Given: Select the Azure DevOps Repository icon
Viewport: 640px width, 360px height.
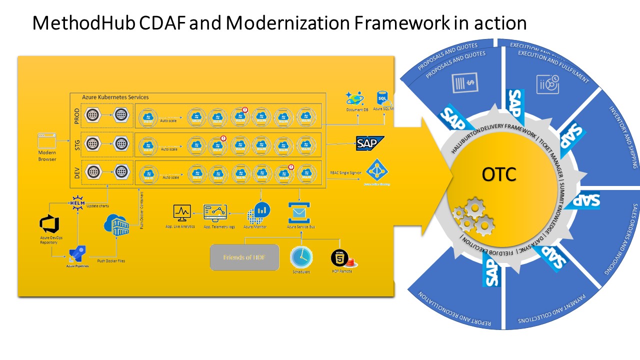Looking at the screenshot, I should click(x=49, y=223).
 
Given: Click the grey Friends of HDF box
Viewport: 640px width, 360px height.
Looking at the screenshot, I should click(x=244, y=257).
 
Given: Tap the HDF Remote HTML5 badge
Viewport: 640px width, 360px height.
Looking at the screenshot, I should click(x=340, y=258).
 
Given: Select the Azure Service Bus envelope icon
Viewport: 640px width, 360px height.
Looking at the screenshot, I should click(x=299, y=212).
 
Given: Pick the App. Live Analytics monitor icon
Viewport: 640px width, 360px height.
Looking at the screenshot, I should click(x=182, y=212).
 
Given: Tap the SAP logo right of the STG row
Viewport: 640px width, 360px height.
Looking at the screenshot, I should click(x=370, y=143).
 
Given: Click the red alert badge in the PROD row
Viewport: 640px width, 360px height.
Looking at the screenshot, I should click(x=245, y=109).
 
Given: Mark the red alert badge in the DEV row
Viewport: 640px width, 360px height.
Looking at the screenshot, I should click(x=291, y=167).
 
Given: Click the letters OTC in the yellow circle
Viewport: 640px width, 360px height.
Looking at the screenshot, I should click(x=499, y=174).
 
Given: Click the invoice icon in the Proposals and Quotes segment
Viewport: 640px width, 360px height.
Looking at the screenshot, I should click(x=464, y=82).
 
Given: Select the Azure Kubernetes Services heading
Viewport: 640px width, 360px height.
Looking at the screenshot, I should click(x=115, y=97).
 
